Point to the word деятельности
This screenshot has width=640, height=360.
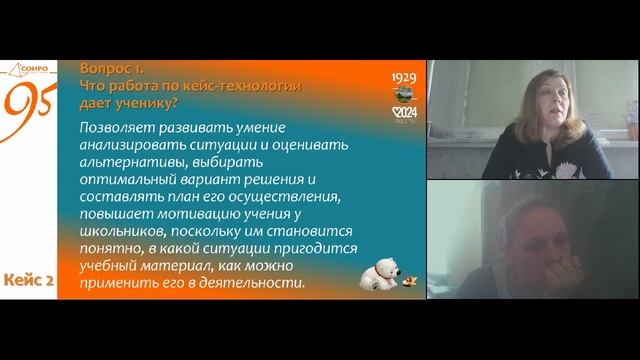pos(264,284)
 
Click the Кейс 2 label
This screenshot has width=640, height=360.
pos(29,281)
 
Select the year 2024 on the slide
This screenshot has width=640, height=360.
pos(406,113)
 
